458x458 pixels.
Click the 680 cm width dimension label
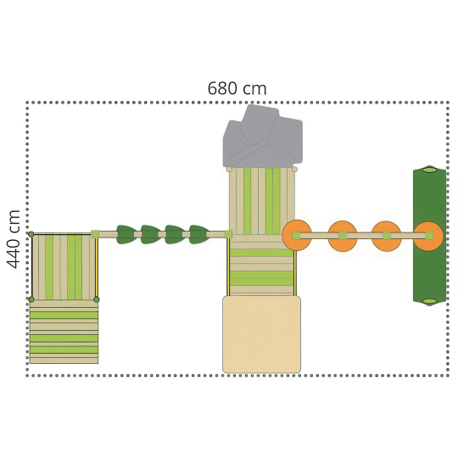click(237, 88)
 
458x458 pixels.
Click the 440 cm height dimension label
click(14, 239)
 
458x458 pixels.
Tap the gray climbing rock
click(263, 137)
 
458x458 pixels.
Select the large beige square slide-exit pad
click(262, 334)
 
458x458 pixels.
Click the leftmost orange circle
click(297, 235)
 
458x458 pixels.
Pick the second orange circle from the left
click(343, 236)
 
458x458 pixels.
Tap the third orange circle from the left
click(386, 236)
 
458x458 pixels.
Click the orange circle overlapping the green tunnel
click(428, 236)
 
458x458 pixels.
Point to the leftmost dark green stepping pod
click(126, 234)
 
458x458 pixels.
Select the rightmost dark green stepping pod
click(199, 234)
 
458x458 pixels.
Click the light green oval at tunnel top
click(429, 170)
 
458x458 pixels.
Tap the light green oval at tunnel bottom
click(429, 301)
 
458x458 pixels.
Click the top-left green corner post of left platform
click(31, 234)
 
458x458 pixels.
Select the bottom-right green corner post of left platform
click(97, 299)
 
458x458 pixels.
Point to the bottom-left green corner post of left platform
click(31, 299)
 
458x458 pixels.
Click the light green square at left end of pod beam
click(95, 234)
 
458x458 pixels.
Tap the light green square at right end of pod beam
click(228, 234)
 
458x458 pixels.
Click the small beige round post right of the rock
click(294, 170)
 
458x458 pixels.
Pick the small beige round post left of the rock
click(229, 170)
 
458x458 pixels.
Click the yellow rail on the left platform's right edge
click(97, 267)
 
